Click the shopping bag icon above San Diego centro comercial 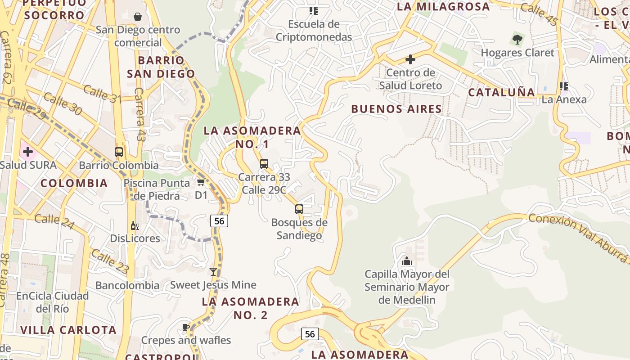point(138,17)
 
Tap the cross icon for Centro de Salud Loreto point(410,59)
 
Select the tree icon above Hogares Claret point(517,40)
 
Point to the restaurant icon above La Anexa point(563,86)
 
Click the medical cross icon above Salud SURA point(28,152)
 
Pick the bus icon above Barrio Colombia point(119,152)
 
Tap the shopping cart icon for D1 point(201,182)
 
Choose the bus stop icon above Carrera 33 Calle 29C point(264,164)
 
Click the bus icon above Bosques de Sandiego point(299,209)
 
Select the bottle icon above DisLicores point(135,225)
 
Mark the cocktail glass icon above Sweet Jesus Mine point(213,272)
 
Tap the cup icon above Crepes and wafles point(185,327)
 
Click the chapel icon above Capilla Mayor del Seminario point(407,261)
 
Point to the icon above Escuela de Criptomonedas point(313,11)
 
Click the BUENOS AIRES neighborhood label point(396,109)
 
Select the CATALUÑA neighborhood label point(501,92)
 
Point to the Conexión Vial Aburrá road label point(579,237)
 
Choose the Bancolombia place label point(127,285)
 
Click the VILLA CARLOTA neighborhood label point(68,330)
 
